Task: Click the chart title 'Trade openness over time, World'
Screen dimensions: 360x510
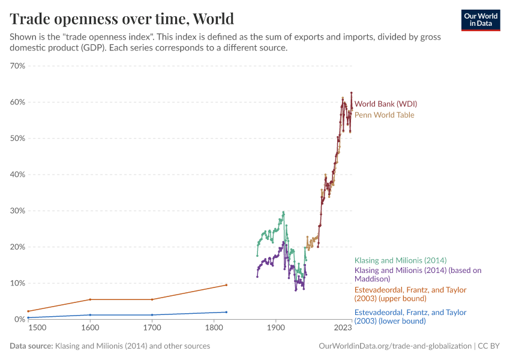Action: point(122,18)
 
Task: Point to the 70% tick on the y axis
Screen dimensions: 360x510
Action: point(17,66)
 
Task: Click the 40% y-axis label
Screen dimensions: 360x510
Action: point(17,175)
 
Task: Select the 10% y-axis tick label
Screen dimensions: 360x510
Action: point(17,283)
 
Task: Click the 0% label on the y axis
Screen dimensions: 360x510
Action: point(19,319)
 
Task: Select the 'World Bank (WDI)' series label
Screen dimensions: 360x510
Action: point(385,104)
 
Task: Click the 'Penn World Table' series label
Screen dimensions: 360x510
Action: point(384,115)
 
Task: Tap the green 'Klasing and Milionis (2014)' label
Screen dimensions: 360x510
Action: point(400,260)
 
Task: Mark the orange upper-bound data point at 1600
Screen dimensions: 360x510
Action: point(90,299)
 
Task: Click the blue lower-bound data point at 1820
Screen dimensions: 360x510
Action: point(226,312)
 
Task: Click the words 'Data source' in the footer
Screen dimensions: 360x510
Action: point(30,346)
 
